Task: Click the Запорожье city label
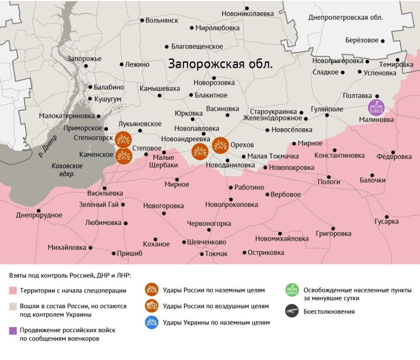pos(84,58)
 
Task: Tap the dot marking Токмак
pos(202,254)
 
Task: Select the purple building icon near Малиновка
pos(376,107)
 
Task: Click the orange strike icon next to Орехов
pos(220,145)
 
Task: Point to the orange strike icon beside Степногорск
pos(123,139)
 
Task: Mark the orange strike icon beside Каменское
pos(124,156)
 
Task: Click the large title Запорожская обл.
pos(220,64)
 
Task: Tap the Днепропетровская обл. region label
pos(345,18)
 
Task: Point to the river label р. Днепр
pos(48,146)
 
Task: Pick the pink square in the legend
pos(13,291)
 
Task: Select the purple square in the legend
pos(13,331)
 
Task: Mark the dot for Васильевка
pos(104,188)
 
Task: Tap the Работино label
pos(249,188)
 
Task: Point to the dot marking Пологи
pos(329,177)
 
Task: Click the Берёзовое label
pos(362,40)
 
